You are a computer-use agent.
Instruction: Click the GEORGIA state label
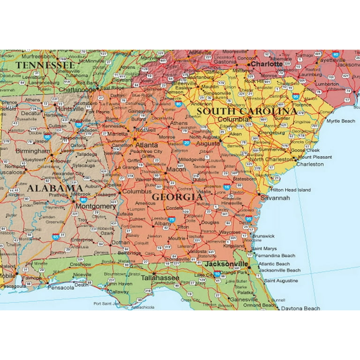pyautogui.click(x=177, y=197)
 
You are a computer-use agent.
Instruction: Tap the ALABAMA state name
pyautogui.click(x=55, y=188)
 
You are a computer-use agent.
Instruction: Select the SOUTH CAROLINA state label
pyautogui.click(x=246, y=112)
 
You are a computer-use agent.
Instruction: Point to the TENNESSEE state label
pyautogui.click(x=45, y=65)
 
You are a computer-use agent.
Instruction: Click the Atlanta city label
pyautogui.click(x=146, y=145)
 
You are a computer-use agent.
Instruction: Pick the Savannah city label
pyautogui.click(x=275, y=198)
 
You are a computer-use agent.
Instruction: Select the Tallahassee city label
pyautogui.click(x=160, y=278)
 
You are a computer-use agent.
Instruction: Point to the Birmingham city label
pyautogui.click(x=33, y=151)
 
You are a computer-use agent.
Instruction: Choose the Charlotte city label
pyautogui.click(x=267, y=64)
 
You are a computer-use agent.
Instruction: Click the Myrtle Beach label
pyautogui.click(x=341, y=121)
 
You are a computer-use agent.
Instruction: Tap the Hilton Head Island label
pyautogui.click(x=291, y=190)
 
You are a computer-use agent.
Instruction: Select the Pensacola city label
pyautogui.click(x=61, y=287)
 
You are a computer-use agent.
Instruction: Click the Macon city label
pyautogui.click(x=176, y=169)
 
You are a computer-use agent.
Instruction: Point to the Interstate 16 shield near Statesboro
pyautogui.click(x=227, y=187)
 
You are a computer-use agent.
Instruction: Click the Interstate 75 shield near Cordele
pyautogui.click(x=172, y=219)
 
